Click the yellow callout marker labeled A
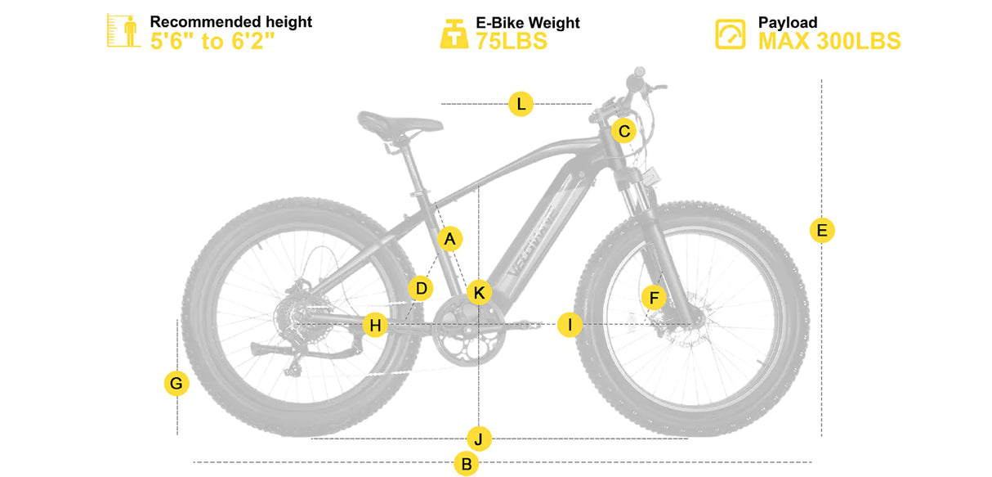coord(449,239)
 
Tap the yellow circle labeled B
coord(467,464)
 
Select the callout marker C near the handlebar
coord(624,131)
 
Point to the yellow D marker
coord(421,288)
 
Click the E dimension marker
coord(822,230)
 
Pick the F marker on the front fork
coord(654,298)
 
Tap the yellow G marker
coord(177,383)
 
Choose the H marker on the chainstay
coord(375,325)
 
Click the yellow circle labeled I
coord(570,325)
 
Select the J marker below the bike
coord(479,439)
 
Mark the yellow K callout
coord(479,293)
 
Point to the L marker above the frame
coord(521,104)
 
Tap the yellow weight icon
coord(454,34)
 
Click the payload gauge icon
coord(731,34)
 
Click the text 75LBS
coord(512,41)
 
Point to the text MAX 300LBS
coord(829,41)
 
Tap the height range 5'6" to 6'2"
coord(212,41)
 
